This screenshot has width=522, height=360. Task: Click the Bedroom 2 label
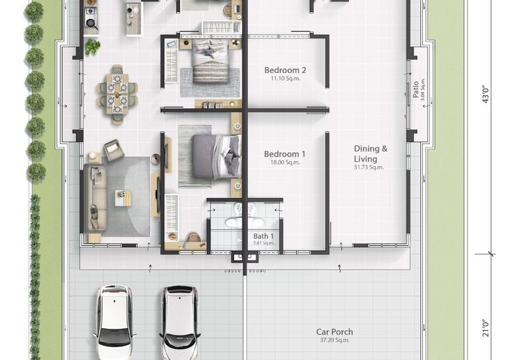click(285, 70)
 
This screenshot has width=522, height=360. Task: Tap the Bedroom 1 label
click(284, 154)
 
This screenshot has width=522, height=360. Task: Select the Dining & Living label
click(371, 154)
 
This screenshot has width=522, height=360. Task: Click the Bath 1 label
click(264, 236)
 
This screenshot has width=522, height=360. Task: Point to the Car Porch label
click(335, 332)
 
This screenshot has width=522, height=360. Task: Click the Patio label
click(416, 89)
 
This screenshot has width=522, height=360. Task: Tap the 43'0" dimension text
click(485, 95)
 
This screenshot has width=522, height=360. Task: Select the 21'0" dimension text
click(485, 328)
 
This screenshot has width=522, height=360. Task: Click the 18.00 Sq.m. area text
click(285, 162)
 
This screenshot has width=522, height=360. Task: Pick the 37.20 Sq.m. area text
click(335, 340)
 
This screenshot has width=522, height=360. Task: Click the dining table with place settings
click(117, 94)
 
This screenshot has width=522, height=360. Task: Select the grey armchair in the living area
click(114, 150)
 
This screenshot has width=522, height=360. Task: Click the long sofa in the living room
click(95, 198)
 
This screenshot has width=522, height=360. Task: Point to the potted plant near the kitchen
click(92, 46)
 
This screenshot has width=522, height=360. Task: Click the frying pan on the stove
click(91, 23)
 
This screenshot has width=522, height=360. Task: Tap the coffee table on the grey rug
click(123, 198)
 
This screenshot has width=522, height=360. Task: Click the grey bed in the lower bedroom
click(217, 157)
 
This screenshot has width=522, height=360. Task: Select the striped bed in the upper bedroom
click(211, 61)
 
